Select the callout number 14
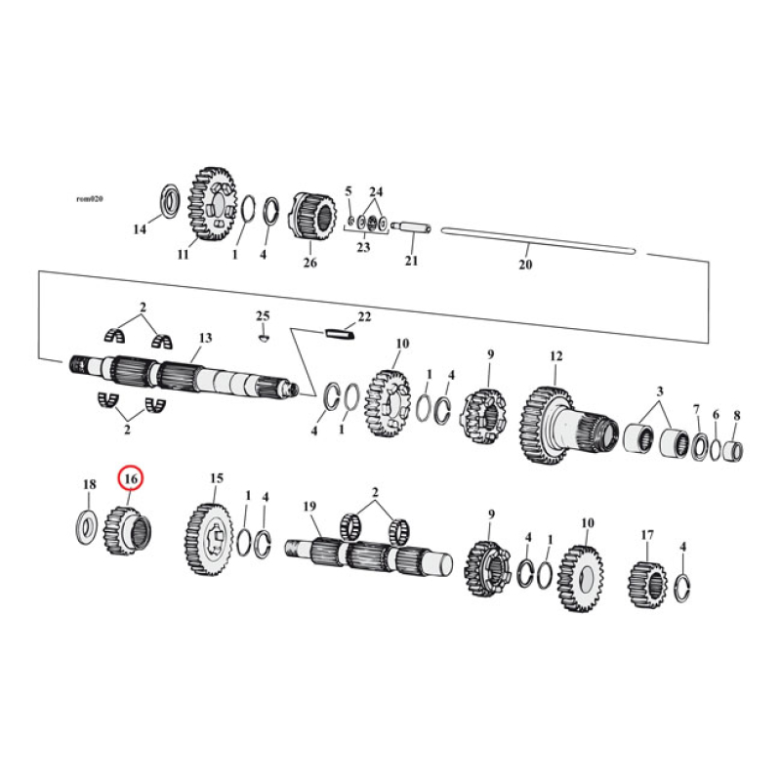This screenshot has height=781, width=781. coord(139,229)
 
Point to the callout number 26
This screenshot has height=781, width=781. coord(309,263)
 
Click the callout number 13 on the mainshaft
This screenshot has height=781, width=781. coord(205,338)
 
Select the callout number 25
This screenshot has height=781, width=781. coord(262,314)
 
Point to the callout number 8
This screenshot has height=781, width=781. coord(736,415)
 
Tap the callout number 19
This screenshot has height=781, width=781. coord(310,506)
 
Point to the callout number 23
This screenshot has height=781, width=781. coord(363,248)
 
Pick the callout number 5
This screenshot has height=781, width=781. coord(349,190)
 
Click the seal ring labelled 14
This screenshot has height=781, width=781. coord(168,199)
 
